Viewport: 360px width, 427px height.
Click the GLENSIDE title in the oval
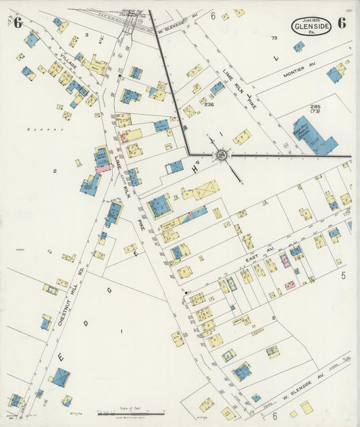(312, 26)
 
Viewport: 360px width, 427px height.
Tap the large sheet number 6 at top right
(342, 22)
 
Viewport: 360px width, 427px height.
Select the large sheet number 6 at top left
(17, 22)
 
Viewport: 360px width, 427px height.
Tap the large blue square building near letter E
(60, 376)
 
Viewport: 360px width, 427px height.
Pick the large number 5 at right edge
(343, 276)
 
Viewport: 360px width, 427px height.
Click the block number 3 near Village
(86, 34)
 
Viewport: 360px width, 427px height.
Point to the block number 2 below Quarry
(54, 171)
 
